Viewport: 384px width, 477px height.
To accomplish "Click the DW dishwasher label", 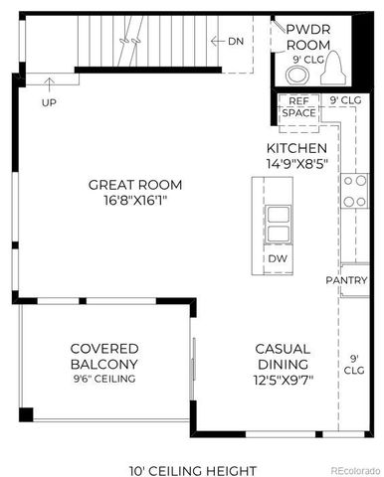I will point(279,258).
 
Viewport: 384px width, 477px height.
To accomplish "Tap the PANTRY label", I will point(347,280).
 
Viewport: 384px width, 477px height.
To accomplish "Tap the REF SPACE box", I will point(299,107).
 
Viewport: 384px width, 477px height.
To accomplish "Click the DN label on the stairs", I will point(235,41).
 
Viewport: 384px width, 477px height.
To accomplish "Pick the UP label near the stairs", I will point(48,102).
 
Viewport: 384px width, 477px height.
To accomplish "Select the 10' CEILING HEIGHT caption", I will point(193,470).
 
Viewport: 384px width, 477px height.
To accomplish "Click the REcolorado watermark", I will point(354,470).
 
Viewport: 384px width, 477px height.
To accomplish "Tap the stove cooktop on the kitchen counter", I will point(354,191).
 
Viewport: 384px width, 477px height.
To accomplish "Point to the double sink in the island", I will point(280,224).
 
